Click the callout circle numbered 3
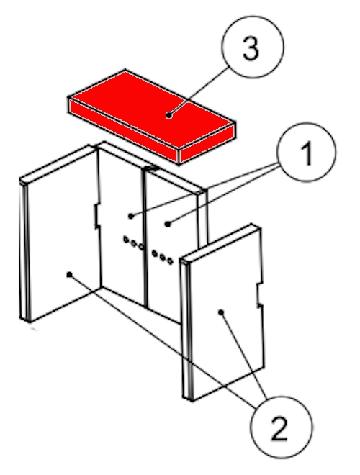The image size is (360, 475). point(253,47)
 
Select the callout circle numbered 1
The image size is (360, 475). point(307,152)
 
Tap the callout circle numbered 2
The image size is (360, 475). point(281,427)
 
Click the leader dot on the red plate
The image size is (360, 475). point(169,115)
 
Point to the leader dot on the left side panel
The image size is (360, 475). point(69,274)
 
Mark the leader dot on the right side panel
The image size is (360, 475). point(221,312)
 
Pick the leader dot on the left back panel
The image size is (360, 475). point(131,216)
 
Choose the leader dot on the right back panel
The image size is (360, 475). point(168,224)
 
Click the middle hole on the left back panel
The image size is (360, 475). point(134,243)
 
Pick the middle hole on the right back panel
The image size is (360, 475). point(163,257)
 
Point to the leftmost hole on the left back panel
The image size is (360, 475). point(126,240)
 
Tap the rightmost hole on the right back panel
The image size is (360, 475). point(170,261)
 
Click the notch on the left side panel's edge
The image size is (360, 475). point(96,216)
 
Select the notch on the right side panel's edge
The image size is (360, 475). point(259,295)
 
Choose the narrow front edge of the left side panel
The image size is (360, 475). point(24,251)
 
